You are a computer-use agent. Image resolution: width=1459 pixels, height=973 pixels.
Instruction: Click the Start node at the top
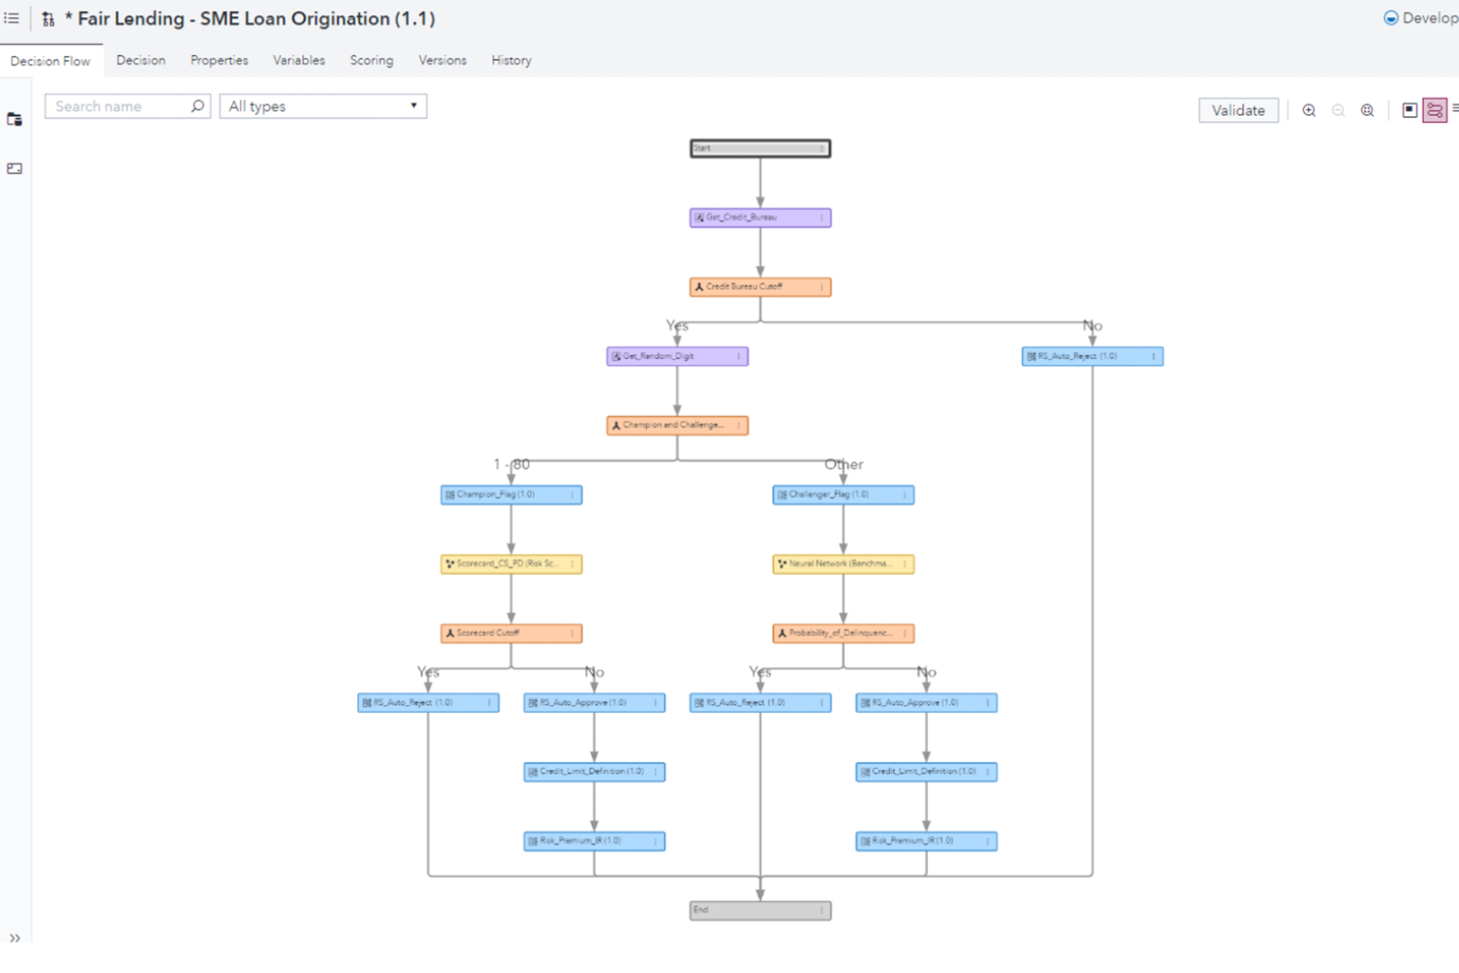pyautogui.click(x=760, y=148)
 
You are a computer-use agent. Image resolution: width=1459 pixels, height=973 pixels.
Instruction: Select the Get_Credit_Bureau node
pyautogui.click(x=760, y=218)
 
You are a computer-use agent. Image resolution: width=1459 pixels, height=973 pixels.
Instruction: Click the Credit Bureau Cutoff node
pyautogui.click(x=760, y=287)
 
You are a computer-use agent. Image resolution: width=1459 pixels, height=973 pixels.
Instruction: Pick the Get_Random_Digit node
pyautogui.click(x=677, y=356)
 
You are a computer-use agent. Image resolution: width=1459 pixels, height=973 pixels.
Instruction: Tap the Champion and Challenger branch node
pyautogui.click(x=677, y=426)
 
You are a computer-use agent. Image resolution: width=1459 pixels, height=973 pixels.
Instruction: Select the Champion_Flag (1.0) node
pyautogui.click(x=511, y=495)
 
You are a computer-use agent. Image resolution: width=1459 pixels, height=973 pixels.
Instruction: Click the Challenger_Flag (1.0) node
pyautogui.click(x=843, y=495)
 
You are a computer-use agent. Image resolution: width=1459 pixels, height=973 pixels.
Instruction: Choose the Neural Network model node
pyautogui.click(x=843, y=564)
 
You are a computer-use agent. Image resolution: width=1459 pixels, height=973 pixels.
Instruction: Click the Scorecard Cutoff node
pyautogui.click(x=511, y=634)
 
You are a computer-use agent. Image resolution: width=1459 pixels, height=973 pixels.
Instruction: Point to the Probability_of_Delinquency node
pyautogui.click(x=843, y=634)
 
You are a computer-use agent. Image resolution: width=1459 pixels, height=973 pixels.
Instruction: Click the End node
pyautogui.click(x=760, y=910)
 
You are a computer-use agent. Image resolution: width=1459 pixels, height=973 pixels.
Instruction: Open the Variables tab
pyautogui.click(x=299, y=60)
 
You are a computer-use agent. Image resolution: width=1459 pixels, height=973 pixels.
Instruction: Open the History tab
pyautogui.click(x=511, y=60)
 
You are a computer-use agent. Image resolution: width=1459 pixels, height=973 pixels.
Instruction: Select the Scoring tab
pyautogui.click(x=371, y=60)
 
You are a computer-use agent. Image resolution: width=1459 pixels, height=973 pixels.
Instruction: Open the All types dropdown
pyautogui.click(x=323, y=106)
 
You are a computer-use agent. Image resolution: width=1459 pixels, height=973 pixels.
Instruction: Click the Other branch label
pyautogui.click(x=843, y=465)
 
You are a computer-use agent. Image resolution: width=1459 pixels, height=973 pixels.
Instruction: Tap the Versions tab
pyautogui.click(x=443, y=60)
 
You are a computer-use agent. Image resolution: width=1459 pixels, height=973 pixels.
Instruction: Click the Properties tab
pyautogui.click(x=219, y=60)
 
